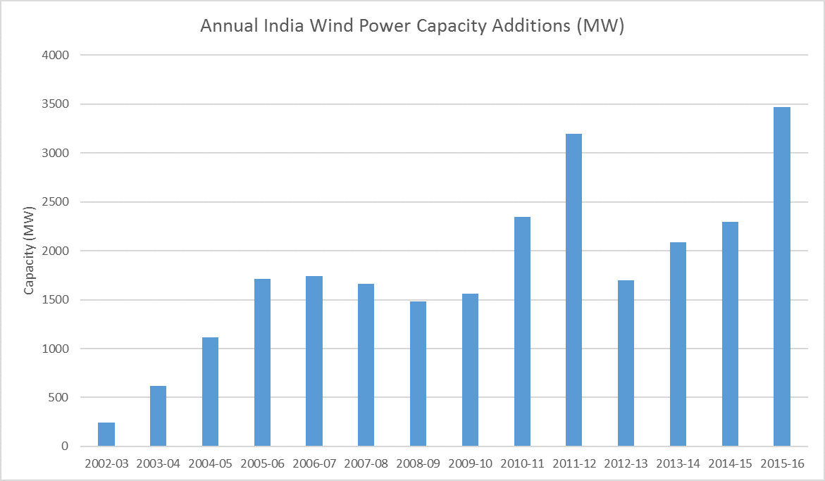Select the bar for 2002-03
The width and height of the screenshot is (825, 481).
tap(106, 435)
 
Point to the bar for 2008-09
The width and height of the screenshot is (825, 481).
tap(418, 374)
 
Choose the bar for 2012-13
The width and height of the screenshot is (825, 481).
tap(626, 363)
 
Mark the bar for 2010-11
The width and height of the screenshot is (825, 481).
tap(522, 332)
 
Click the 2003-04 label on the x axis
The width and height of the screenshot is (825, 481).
tap(158, 464)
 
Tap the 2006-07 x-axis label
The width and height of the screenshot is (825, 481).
tap(314, 464)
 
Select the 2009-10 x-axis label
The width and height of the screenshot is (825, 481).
tap(470, 464)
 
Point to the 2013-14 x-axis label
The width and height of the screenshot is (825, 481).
tap(678, 464)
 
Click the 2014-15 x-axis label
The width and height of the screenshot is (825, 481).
tap(730, 464)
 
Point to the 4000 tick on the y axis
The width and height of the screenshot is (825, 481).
tap(55, 55)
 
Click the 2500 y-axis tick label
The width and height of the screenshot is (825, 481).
tap(55, 202)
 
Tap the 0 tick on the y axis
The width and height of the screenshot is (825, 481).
tap(65, 446)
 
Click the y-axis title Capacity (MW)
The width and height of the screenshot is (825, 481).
tap(29, 251)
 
